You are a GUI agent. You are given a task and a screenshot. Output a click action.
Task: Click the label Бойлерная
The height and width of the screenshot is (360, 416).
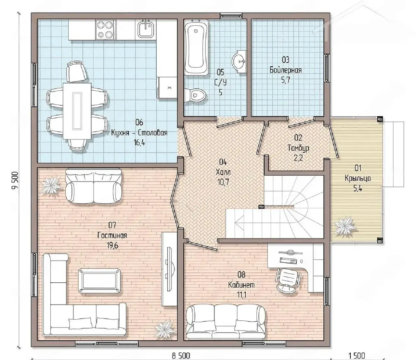point(286,70)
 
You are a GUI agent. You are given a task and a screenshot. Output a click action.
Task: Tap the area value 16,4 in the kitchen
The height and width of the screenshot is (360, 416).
point(139,143)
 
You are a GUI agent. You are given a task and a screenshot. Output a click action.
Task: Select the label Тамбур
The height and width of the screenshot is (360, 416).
point(298,148)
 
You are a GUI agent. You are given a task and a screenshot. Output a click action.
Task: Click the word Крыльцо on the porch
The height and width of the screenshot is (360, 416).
point(357,178)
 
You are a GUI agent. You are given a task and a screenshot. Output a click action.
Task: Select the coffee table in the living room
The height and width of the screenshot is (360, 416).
point(100,280)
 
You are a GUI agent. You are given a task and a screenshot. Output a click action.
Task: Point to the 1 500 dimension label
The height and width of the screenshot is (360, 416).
point(357,356)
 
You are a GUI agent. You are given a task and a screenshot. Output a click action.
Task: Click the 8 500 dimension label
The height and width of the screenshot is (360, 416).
point(181,356)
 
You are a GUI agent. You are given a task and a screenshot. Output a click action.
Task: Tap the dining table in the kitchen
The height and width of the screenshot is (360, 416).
point(77,111)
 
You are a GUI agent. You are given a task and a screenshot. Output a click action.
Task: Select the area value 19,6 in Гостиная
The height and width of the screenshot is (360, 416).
point(112,246)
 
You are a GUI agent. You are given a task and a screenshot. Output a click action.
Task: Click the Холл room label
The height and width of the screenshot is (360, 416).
point(223,172)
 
